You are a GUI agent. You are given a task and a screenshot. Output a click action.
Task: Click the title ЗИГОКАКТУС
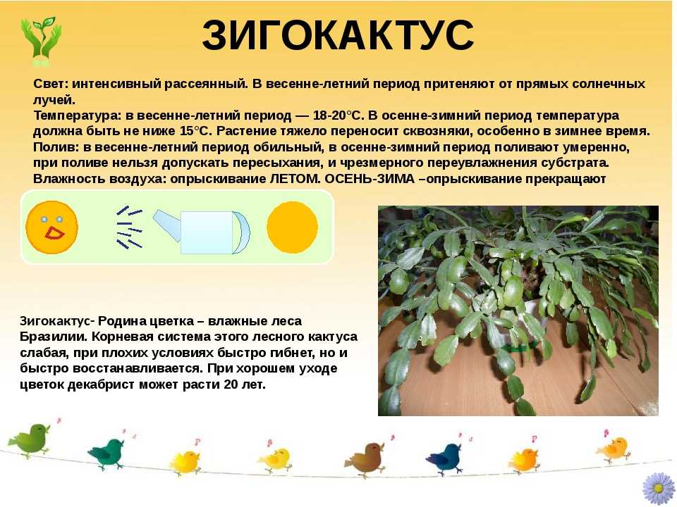[x=338, y=35]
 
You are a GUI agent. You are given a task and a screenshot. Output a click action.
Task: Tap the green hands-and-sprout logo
[x=41, y=41]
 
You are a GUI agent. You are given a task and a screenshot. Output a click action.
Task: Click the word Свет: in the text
[x=51, y=84]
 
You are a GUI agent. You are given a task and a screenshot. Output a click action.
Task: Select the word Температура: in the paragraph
[x=78, y=116]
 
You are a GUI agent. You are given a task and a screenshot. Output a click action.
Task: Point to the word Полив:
[x=56, y=147]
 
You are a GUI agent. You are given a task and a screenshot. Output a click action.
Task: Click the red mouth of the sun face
[x=54, y=233]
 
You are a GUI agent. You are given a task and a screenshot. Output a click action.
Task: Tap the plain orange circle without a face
[x=292, y=227]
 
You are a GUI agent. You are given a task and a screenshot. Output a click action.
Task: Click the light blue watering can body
[x=207, y=232]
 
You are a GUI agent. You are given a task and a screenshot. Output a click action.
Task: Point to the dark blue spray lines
[x=129, y=227]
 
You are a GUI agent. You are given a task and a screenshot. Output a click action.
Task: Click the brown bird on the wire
[x=365, y=458]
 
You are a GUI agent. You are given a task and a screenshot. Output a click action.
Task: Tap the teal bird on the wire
[x=106, y=453]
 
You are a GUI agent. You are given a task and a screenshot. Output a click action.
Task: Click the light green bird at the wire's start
[x=30, y=439]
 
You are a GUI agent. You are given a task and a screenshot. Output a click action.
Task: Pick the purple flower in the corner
[x=659, y=489]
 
